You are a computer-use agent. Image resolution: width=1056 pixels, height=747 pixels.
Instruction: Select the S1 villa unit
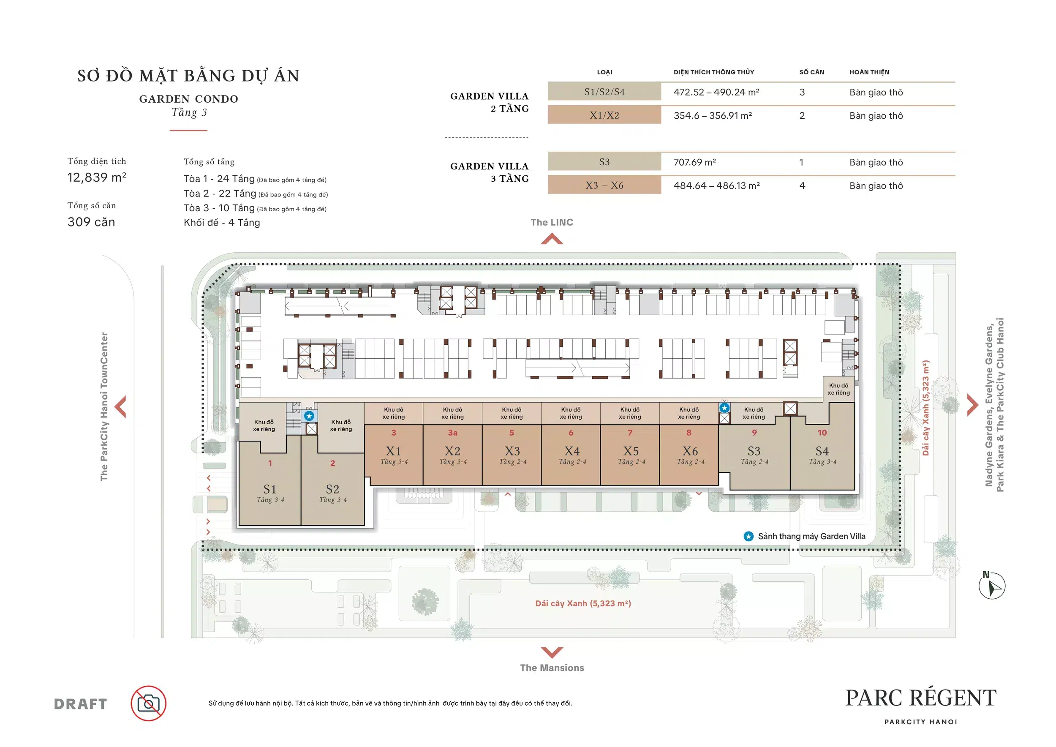click(x=270, y=483)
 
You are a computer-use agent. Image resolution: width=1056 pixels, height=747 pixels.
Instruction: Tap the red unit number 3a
click(x=452, y=432)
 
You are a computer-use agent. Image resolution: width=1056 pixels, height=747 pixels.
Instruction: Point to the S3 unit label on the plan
click(x=754, y=451)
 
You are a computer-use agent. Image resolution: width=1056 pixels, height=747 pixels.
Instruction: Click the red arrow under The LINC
click(x=552, y=239)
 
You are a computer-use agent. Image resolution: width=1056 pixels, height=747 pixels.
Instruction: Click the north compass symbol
click(x=992, y=586)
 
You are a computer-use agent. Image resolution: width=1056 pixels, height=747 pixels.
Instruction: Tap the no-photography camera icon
click(x=149, y=703)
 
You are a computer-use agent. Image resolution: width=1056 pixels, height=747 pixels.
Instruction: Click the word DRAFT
click(x=81, y=704)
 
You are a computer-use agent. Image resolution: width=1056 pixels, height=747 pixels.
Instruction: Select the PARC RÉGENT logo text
click(x=921, y=698)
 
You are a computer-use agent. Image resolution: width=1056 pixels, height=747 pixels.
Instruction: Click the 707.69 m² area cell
click(x=695, y=162)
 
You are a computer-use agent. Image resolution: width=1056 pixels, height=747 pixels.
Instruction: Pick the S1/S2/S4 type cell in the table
click(x=604, y=92)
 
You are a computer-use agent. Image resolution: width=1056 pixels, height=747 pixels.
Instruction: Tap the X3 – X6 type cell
click(x=604, y=185)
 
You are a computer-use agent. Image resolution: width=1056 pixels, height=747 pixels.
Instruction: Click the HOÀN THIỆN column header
click(x=869, y=72)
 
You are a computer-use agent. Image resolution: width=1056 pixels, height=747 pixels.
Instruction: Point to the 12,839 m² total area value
click(x=97, y=177)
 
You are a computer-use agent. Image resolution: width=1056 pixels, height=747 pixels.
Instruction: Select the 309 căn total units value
click(x=91, y=222)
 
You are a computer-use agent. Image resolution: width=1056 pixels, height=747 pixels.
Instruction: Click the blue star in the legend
click(x=749, y=536)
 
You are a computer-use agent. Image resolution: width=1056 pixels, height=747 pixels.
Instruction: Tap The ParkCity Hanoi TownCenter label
click(x=104, y=406)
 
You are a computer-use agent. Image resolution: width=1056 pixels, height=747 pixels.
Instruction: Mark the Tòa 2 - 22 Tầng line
click(x=256, y=194)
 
